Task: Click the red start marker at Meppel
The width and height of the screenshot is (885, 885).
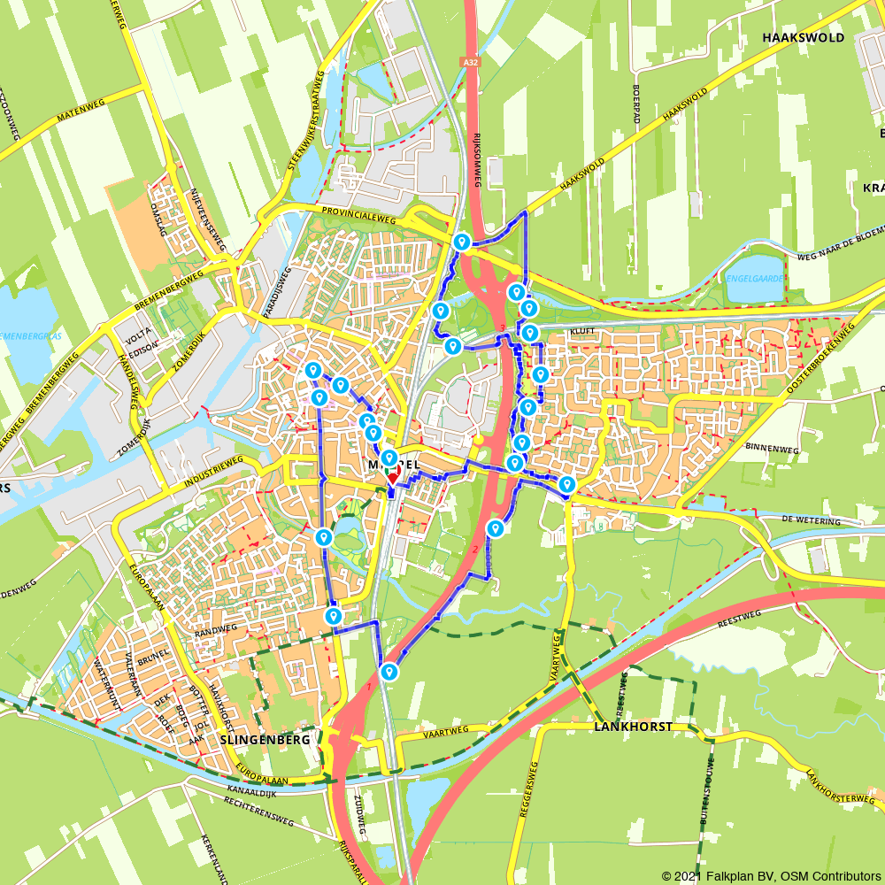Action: pos(393,477)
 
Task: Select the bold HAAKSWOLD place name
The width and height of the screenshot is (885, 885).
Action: pos(803,38)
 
